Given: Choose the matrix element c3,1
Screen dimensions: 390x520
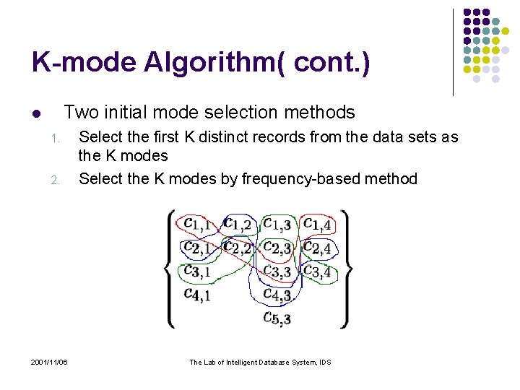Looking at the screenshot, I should [196, 272].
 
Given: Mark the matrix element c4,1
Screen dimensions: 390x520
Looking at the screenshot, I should [196, 294].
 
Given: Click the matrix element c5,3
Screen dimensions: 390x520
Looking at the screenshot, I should [277, 317].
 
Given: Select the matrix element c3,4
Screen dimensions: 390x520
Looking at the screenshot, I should [317, 272].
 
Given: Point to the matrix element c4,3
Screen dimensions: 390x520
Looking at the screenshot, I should [277, 294].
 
